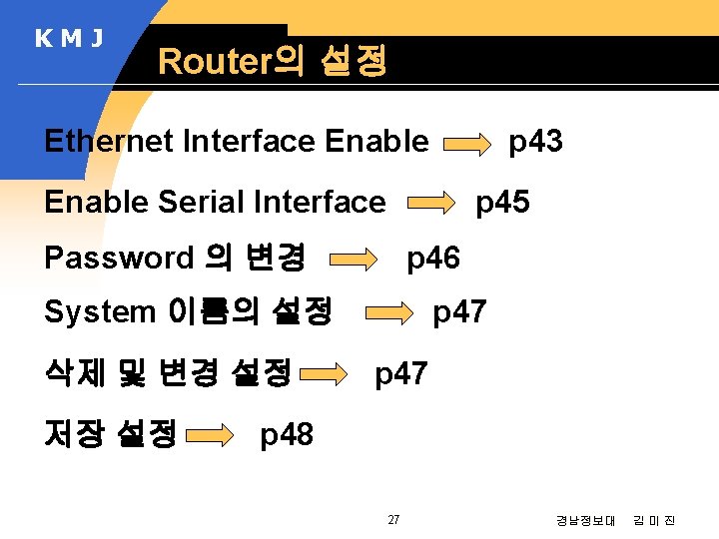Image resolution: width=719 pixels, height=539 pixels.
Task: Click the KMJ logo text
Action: (x=69, y=39)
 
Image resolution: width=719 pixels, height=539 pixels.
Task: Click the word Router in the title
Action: (x=214, y=62)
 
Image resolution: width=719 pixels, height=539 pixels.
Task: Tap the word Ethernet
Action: (x=109, y=142)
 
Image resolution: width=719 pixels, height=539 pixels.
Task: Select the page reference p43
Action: (x=535, y=142)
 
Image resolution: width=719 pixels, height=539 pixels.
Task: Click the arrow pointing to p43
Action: (x=467, y=146)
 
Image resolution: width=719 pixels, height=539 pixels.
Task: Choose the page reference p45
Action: (x=502, y=202)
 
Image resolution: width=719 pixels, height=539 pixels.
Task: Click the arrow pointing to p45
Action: (x=431, y=206)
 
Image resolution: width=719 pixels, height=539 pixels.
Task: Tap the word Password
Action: (x=119, y=258)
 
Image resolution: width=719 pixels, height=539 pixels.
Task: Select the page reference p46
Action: (x=432, y=259)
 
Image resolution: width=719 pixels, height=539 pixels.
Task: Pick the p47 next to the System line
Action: (x=459, y=312)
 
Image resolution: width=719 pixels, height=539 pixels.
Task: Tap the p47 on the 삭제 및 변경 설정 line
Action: (x=400, y=374)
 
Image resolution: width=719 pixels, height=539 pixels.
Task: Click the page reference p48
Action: (x=287, y=434)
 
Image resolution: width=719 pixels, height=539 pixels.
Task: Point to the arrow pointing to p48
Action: (x=212, y=436)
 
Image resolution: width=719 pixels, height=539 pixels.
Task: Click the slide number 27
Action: (x=393, y=519)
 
